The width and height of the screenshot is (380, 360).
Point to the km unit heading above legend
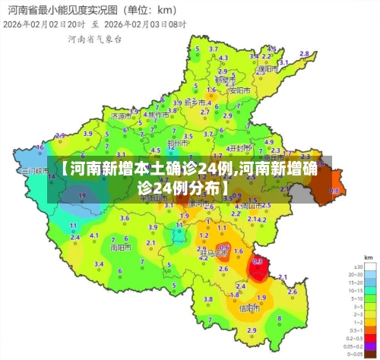coord(368,258)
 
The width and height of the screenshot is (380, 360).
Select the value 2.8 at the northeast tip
coord(304,53)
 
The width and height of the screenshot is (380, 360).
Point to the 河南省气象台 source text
coord(94,38)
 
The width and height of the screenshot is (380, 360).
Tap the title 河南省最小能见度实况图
coord(53,10)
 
